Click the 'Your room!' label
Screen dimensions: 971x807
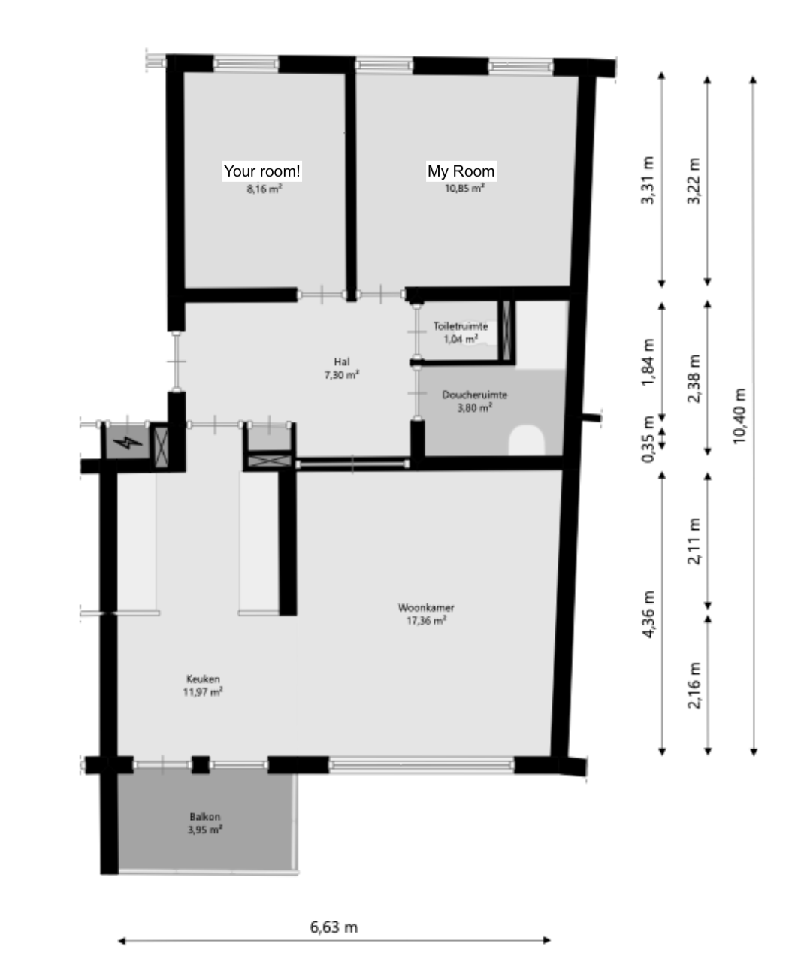tap(261, 171)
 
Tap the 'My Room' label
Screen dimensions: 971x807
tap(461, 171)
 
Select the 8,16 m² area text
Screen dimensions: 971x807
tap(264, 189)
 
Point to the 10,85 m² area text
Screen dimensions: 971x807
tap(464, 189)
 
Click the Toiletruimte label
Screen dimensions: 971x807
tap(460, 326)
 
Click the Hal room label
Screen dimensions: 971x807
tap(342, 361)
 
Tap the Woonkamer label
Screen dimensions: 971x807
tap(426, 607)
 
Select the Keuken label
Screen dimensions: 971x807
tap(203, 679)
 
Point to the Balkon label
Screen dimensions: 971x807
tap(204, 817)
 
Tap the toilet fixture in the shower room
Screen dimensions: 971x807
tap(527, 440)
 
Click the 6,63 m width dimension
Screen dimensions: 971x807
tap(334, 927)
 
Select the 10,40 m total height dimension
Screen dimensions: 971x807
tap(739, 416)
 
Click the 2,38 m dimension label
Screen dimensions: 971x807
tap(694, 378)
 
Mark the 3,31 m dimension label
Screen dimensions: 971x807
tap(648, 180)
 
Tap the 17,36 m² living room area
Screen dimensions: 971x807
tap(426, 621)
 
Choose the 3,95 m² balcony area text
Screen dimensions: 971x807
tap(204, 830)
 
